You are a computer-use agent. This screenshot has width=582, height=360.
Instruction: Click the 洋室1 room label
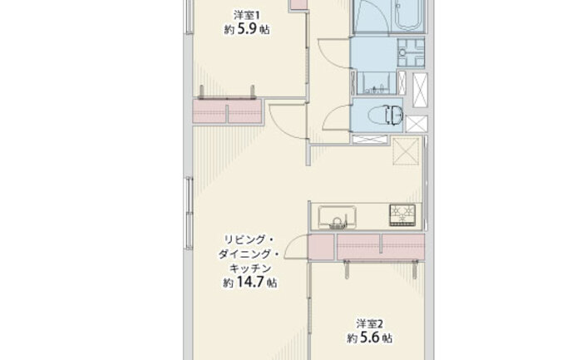(x=246, y=15)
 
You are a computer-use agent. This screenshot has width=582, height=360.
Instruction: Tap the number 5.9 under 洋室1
(x=245, y=29)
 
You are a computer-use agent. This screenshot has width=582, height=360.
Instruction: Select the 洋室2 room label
(x=370, y=324)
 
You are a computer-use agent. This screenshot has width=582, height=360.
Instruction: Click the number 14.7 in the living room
(x=249, y=282)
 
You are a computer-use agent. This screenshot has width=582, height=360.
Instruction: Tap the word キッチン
(x=250, y=268)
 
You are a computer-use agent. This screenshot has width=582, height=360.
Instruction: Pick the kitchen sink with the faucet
(x=337, y=217)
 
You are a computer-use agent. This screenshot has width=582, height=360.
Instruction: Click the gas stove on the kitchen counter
(x=402, y=215)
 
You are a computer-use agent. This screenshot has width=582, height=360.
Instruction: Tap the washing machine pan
(x=411, y=52)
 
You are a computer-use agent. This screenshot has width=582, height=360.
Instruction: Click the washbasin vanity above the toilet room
(x=377, y=83)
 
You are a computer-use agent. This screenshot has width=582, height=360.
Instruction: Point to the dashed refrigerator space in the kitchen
(x=406, y=150)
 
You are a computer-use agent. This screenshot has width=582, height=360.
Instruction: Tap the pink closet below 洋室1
(x=228, y=111)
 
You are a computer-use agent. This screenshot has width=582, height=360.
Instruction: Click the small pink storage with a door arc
(x=321, y=246)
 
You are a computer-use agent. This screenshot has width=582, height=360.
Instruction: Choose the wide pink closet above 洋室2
(x=381, y=246)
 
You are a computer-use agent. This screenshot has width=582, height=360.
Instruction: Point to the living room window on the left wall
(x=190, y=214)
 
